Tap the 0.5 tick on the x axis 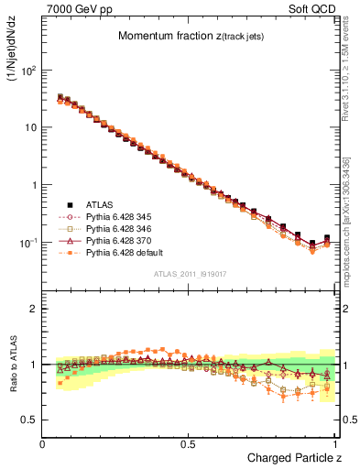(190, 443)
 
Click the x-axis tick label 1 (335, 443)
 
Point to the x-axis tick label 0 (43, 443)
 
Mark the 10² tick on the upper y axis (28, 70)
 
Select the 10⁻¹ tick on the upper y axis (27, 243)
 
